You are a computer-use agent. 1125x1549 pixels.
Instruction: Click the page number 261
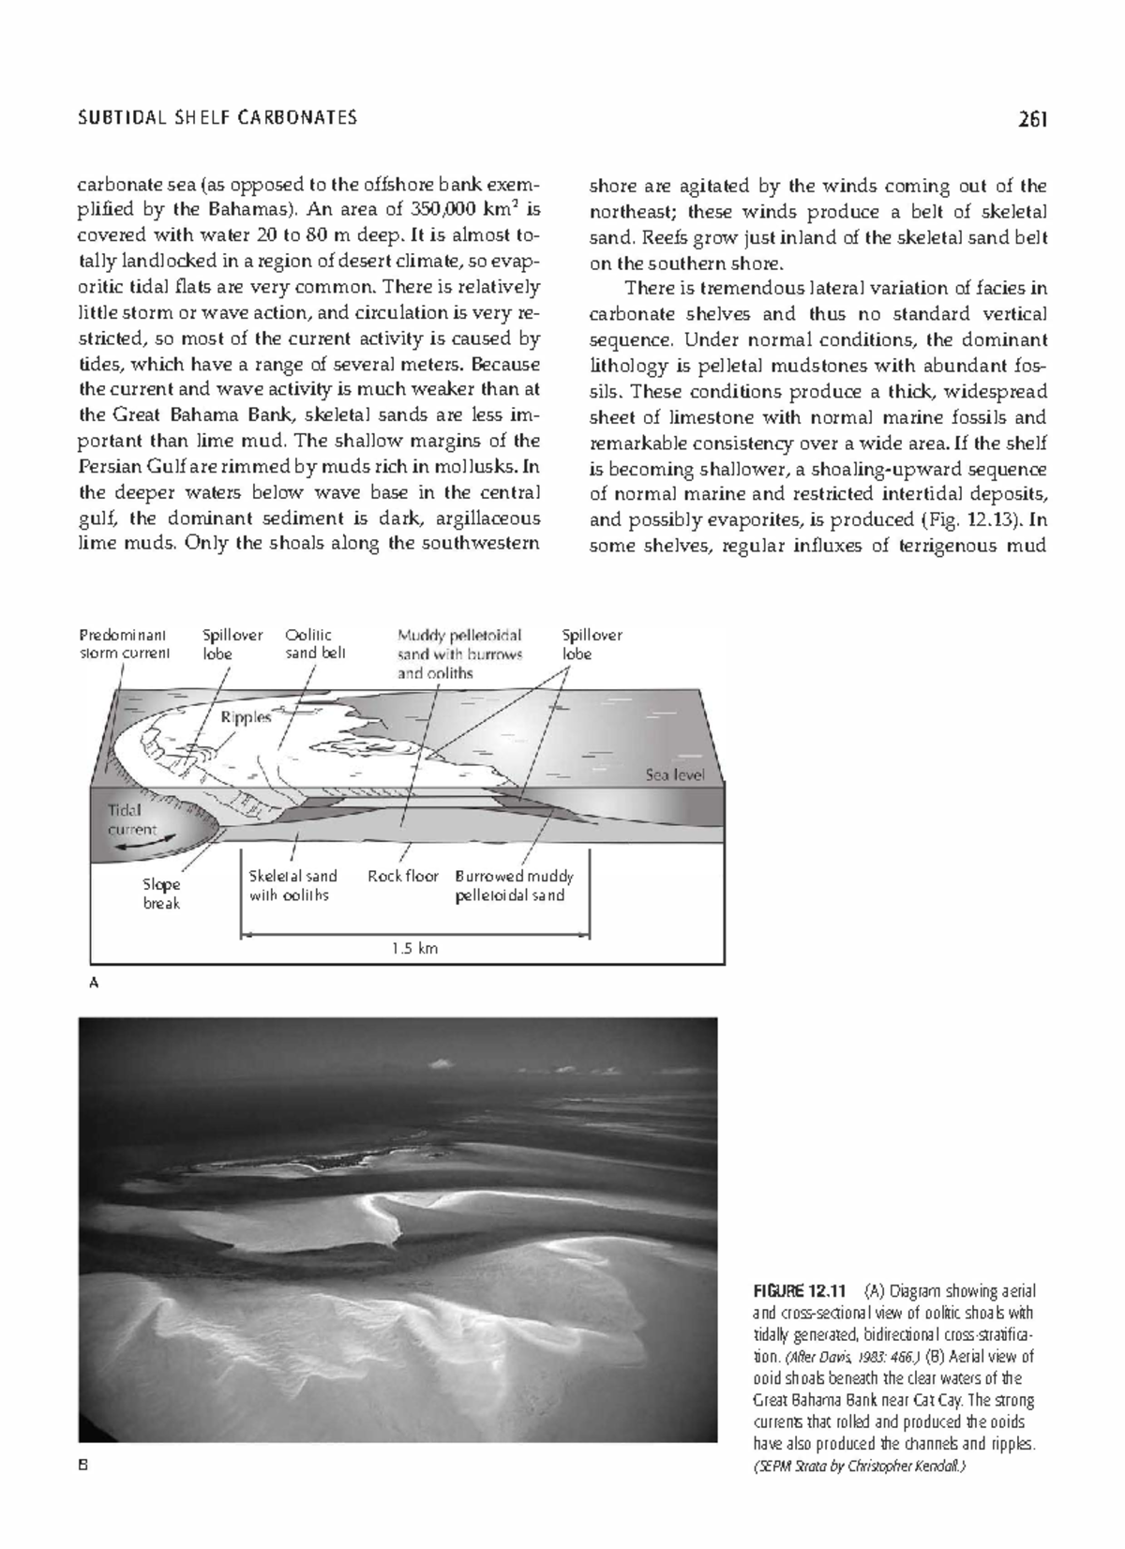[x=1030, y=119]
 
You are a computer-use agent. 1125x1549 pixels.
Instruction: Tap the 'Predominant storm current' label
[x=124, y=644]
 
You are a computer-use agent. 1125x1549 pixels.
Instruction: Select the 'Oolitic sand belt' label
[x=315, y=644]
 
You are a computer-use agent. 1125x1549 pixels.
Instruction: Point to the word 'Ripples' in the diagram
[x=246, y=717]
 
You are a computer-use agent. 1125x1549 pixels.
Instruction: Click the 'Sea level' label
[x=674, y=775]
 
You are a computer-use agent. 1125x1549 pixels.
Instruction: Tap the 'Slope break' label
[x=161, y=894]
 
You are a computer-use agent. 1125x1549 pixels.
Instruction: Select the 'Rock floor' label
[x=402, y=876]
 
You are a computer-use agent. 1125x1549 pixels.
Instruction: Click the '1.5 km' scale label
[x=414, y=948]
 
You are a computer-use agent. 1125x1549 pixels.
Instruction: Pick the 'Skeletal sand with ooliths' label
[x=292, y=885]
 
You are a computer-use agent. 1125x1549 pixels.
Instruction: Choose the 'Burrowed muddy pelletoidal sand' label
[x=514, y=885]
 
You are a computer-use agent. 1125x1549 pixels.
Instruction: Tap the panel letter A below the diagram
[x=93, y=983]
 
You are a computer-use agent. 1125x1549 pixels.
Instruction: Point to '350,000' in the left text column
[x=442, y=210]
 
